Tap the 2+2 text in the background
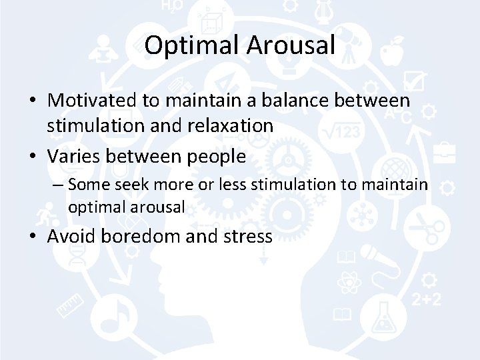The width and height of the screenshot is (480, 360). coord(426,299)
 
